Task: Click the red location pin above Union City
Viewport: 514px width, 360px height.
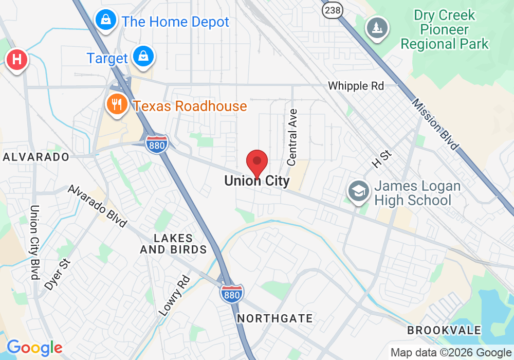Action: (x=258, y=163)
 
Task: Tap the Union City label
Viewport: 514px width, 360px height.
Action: (x=257, y=181)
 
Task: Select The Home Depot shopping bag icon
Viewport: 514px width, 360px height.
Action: (x=105, y=21)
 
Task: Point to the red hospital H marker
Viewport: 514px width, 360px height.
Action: (x=16, y=60)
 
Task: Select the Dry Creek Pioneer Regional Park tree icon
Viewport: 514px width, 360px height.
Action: (x=377, y=27)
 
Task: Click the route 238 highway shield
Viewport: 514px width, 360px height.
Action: (x=332, y=10)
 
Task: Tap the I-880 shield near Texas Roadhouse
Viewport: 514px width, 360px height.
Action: (x=156, y=144)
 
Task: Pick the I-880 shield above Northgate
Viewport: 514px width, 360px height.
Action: (x=232, y=294)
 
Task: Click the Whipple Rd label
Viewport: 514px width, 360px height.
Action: (x=356, y=86)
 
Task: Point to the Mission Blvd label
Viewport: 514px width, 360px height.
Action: (x=434, y=124)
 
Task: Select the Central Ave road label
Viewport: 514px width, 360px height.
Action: (x=292, y=137)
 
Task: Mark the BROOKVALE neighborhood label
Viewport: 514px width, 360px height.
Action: (x=444, y=330)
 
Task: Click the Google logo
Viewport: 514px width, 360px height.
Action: (x=34, y=348)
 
